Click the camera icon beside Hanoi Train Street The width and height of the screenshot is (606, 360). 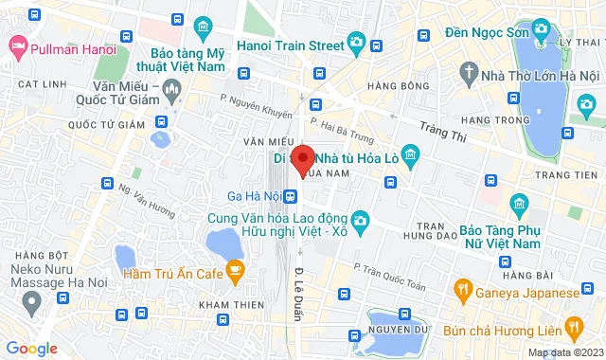pos(356,42)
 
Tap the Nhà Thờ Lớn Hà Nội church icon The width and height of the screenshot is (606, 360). pos(469,72)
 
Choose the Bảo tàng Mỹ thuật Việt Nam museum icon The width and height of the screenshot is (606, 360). pos(201,26)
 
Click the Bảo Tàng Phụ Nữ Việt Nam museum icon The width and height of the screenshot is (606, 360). pos(519,203)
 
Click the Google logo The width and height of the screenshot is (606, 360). pos(31,348)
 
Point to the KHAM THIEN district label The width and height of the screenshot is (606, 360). pos(231,303)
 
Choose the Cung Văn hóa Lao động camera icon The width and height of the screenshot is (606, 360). pos(356,220)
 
